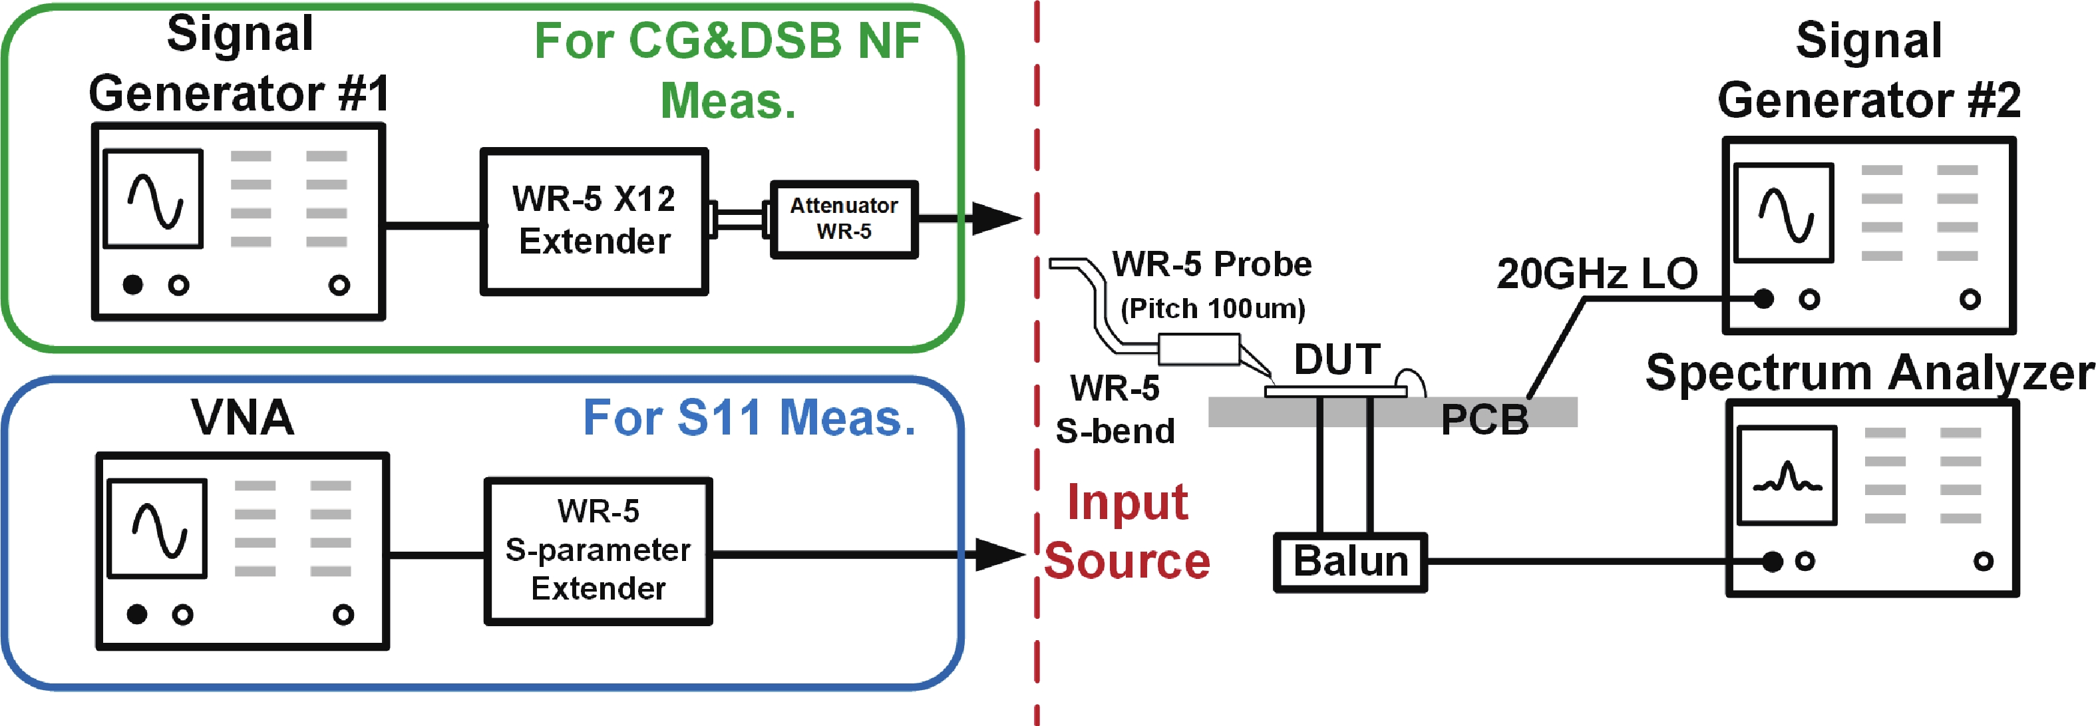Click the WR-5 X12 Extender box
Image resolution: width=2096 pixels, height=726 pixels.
click(x=594, y=220)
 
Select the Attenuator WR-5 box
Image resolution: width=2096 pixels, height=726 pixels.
click(x=844, y=219)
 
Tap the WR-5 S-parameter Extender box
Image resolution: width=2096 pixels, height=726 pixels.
click(x=598, y=550)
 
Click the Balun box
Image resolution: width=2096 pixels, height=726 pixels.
click(x=1350, y=562)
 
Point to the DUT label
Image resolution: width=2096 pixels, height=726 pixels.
click(x=1337, y=359)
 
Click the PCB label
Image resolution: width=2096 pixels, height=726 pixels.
click(x=1484, y=420)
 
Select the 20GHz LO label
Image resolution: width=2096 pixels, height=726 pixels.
click(x=1596, y=273)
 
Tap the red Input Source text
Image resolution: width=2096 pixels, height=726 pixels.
click(x=1127, y=532)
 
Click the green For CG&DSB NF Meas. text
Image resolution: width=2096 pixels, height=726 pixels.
click(x=727, y=71)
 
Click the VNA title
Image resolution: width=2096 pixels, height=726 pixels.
click(x=242, y=417)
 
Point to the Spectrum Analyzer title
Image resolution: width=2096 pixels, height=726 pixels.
click(x=1869, y=373)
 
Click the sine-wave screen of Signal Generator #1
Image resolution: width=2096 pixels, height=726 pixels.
click(x=154, y=198)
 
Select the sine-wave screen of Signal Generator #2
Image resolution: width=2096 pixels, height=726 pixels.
click(x=1783, y=212)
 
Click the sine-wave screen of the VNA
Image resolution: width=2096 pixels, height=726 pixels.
click(x=158, y=528)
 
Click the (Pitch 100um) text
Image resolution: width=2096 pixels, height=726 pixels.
click(x=1212, y=309)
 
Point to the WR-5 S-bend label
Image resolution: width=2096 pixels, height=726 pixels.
click(x=1115, y=409)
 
